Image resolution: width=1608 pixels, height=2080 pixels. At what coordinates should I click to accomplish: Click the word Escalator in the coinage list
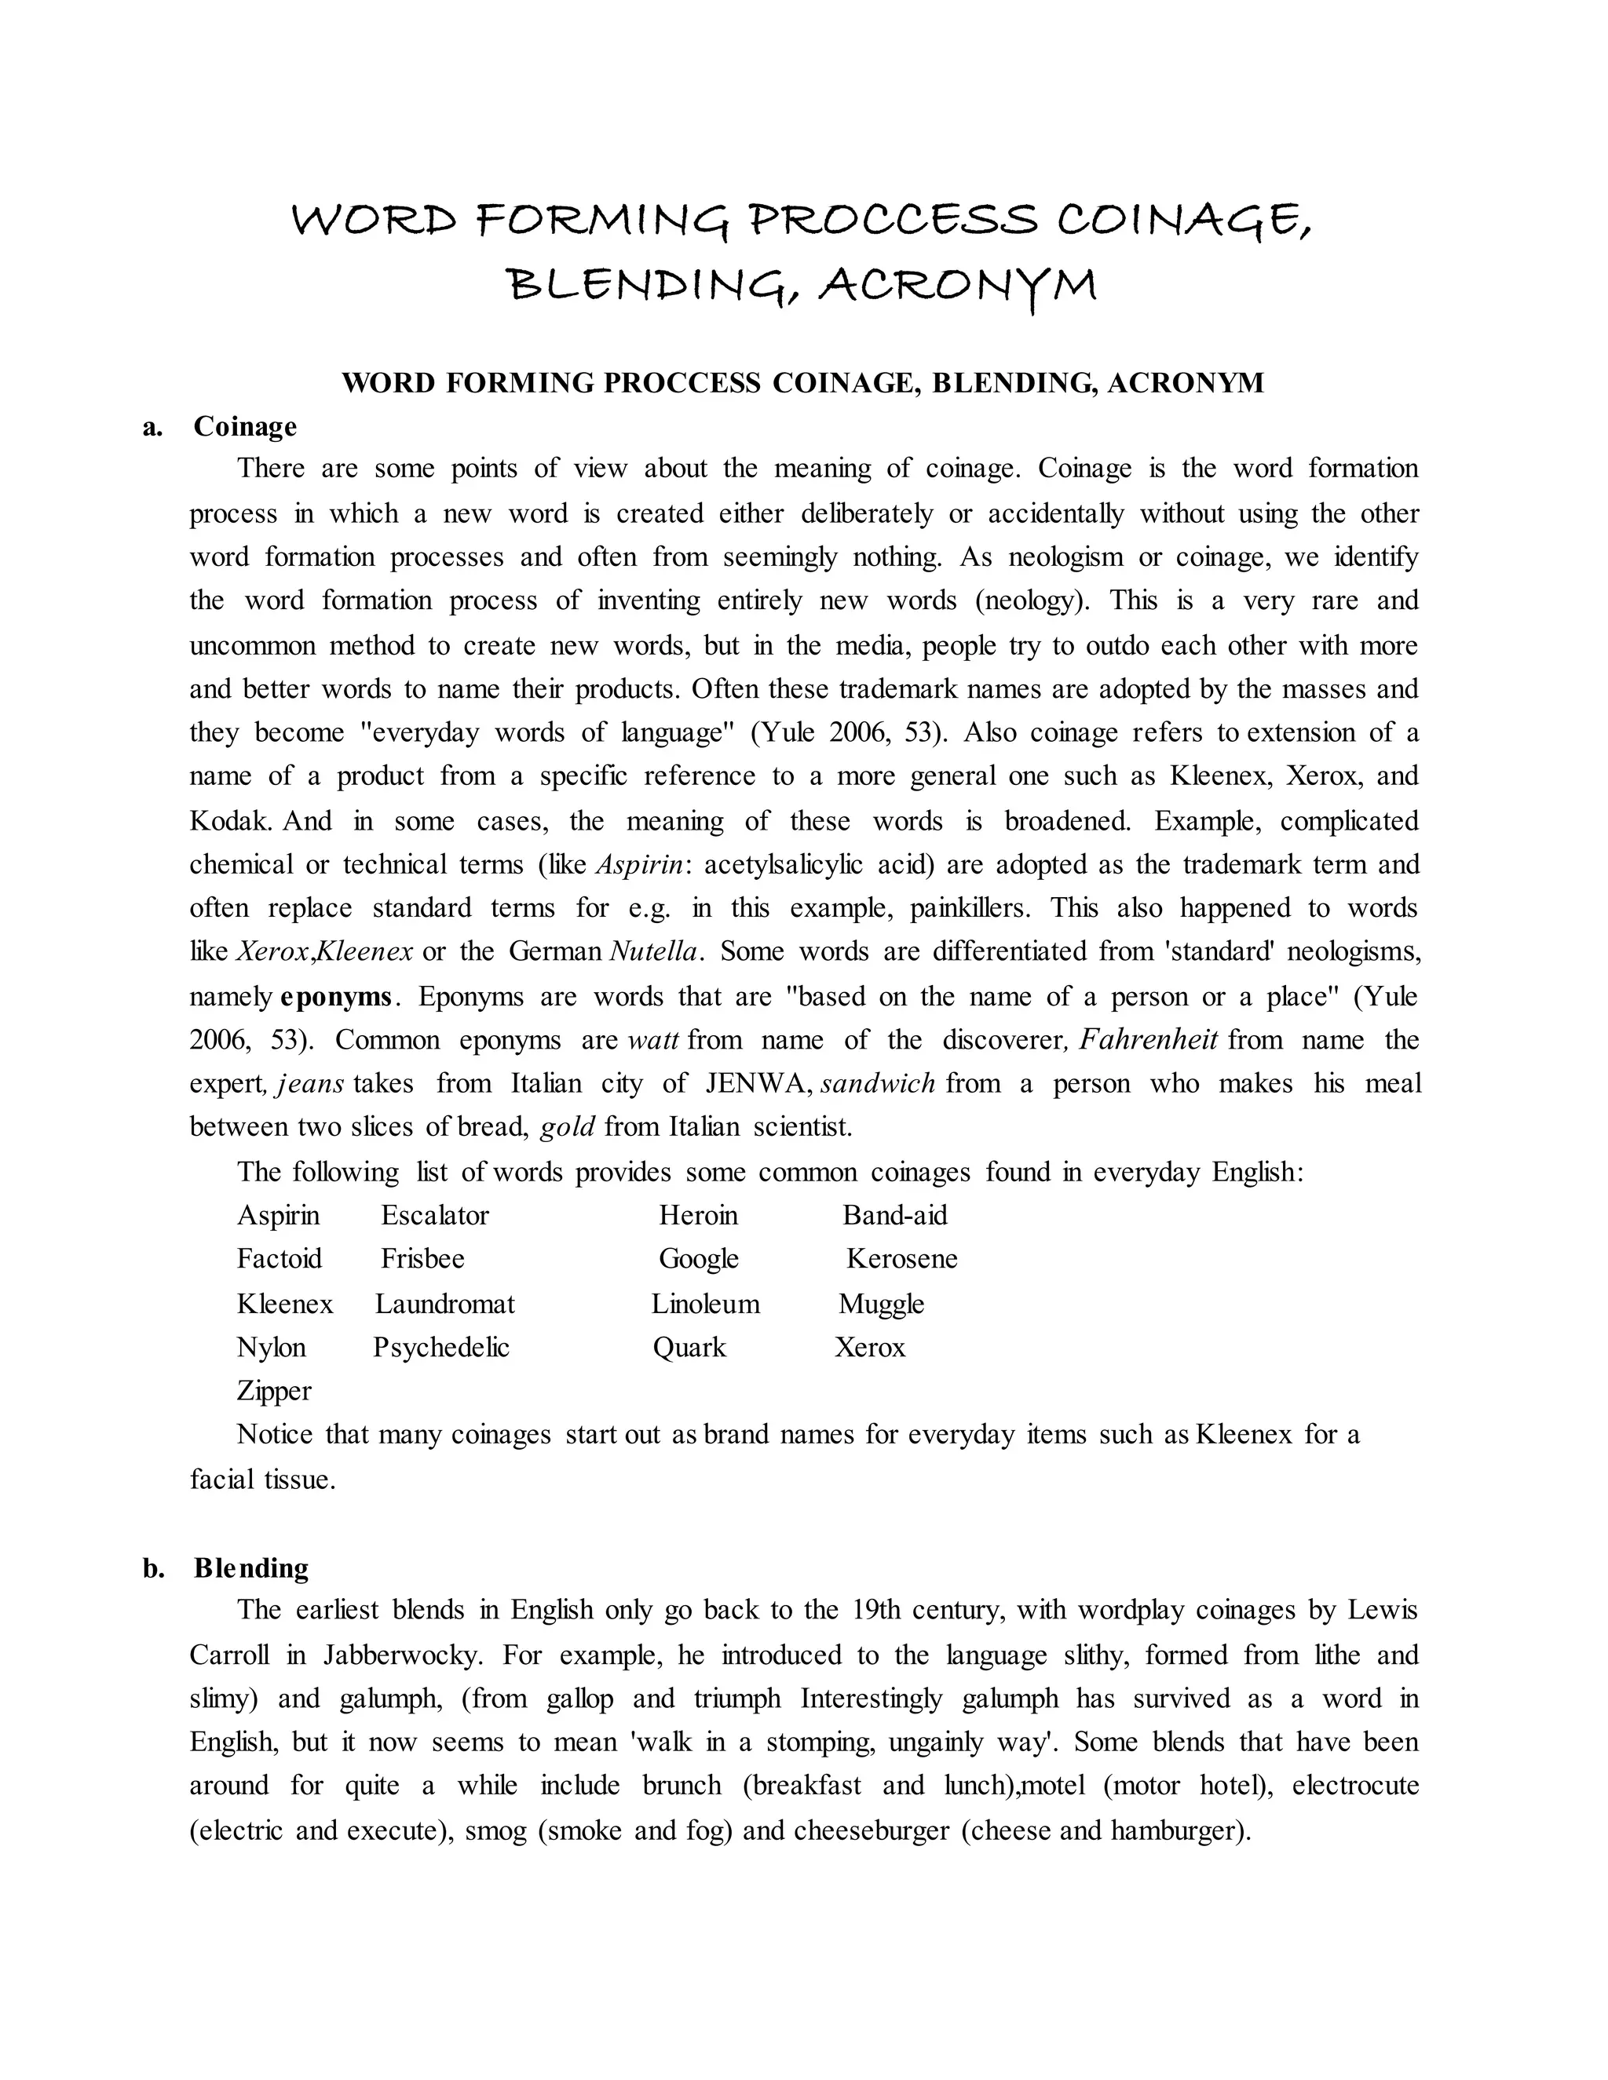click(434, 1215)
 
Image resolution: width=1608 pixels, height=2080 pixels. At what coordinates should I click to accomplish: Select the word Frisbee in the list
click(422, 1259)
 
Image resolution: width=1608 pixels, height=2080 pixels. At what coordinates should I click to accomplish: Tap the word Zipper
click(273, 1391)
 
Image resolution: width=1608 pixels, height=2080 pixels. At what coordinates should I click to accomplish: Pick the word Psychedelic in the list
click(441, 1348)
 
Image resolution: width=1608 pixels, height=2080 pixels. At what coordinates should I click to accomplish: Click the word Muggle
click(881, 1304)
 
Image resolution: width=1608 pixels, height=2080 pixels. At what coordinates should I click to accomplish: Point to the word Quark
click(689, 1348)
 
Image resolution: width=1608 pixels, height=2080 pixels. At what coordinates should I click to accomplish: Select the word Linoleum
click(705, 1304)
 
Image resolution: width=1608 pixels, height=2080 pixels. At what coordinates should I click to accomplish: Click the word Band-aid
click(894, 1215)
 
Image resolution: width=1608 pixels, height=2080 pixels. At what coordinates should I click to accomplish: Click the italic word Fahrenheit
click(1148, 1039)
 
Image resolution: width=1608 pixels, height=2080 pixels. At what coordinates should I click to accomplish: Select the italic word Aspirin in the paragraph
click(639, 865)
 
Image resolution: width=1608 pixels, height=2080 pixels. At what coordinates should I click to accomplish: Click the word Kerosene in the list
click(901, 1259)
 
